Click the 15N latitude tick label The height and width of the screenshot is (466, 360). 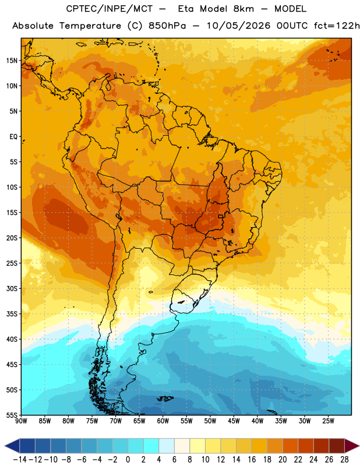point(12,61)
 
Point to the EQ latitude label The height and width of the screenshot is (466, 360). point(13,137)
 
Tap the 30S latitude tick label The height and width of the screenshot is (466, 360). point(12,288)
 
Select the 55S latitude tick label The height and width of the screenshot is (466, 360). point(12,415)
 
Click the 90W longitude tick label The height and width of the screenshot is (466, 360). point(21,421)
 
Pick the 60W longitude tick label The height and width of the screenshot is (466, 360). point(163,421)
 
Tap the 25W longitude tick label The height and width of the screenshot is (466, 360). point(328,421)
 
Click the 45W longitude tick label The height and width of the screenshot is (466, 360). point(234,421)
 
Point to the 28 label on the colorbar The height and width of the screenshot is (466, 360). point(344,460)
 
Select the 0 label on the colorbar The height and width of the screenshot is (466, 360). point(128,460)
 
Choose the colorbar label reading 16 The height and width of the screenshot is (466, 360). point(252,460)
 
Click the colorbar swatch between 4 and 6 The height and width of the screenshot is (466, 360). point(167,446)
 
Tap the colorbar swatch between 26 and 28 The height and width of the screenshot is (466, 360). point(337,446)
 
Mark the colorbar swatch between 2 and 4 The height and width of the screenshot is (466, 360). point(151,446)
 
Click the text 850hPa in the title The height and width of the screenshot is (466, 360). point(167,26)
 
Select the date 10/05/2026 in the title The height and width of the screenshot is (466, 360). point(239,26)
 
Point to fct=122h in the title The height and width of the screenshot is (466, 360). point(337,26)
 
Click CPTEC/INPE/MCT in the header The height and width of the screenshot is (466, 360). point(110,9)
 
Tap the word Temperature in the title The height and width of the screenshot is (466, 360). point(90,26)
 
